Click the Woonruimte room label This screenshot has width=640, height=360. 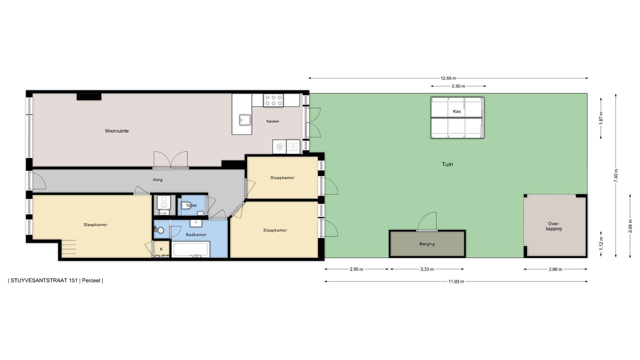pos(117,131)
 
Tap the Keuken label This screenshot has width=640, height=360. pos(273,121)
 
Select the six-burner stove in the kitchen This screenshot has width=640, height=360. pos(273,100)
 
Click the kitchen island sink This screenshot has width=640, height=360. pos(245,120)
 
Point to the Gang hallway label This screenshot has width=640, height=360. pos(158,180)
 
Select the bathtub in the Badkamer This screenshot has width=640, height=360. pos(190,250)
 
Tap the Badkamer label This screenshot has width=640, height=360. pos(196,235)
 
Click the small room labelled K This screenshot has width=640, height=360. pos(162,249)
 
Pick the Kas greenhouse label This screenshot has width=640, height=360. pos(457,111)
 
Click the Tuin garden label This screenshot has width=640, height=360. pos(447,164)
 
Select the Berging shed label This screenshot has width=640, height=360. pos(427,244)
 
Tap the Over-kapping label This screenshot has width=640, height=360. pos(554,226)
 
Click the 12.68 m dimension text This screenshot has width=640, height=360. pos(448,78)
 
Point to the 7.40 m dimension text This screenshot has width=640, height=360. pos(616,175)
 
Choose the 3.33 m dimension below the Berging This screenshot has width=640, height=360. pos(427,269)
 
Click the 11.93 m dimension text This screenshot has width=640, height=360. pos(456,282)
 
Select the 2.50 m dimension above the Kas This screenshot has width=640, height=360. pos(458,86)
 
